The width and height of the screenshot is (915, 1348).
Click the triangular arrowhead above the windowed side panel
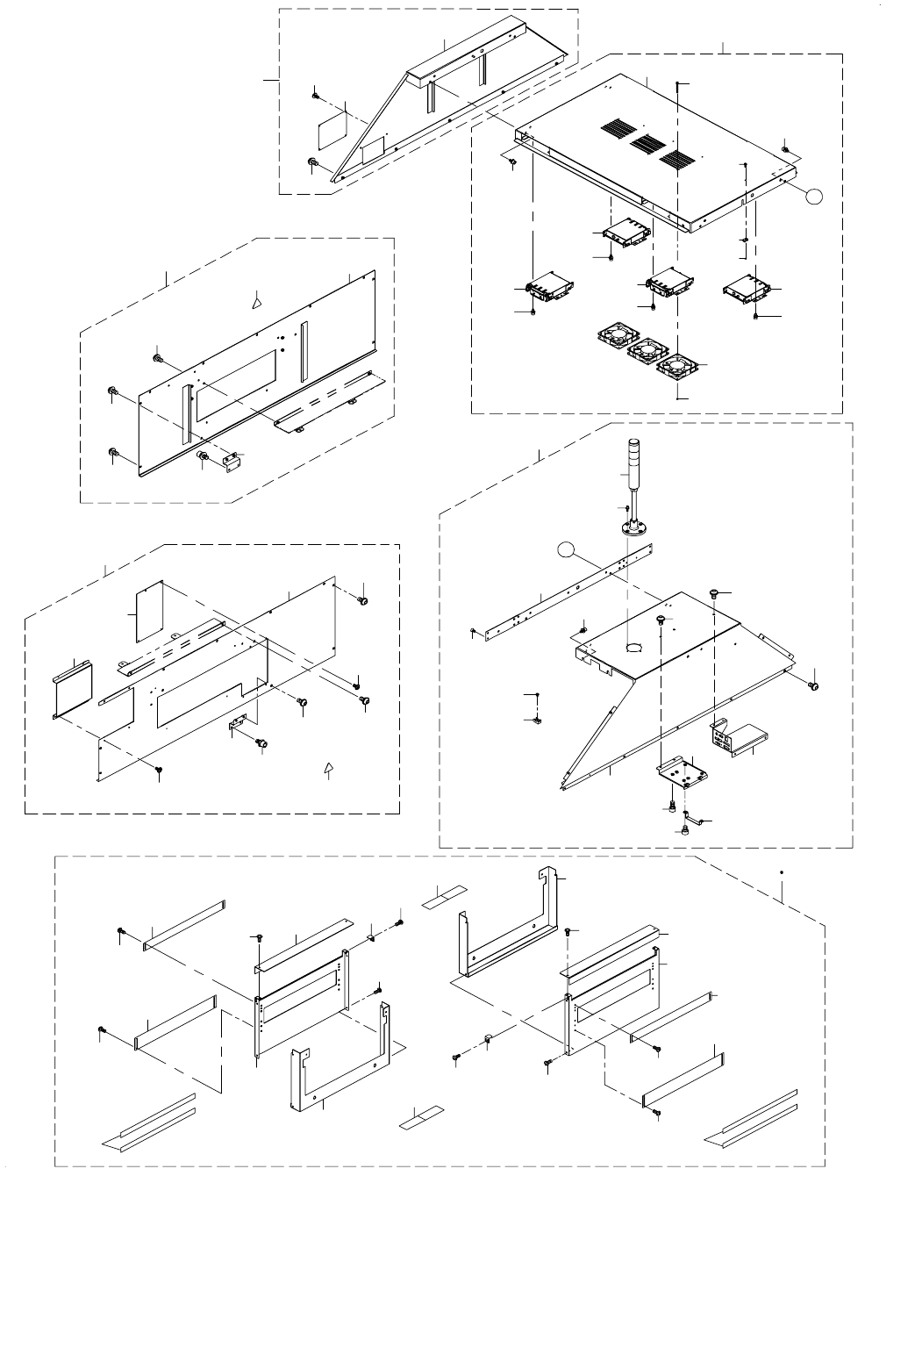pyautogui.click(x=255, y=300)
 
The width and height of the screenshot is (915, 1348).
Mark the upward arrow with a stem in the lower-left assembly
pyautogui.click(x=329, y=770)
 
